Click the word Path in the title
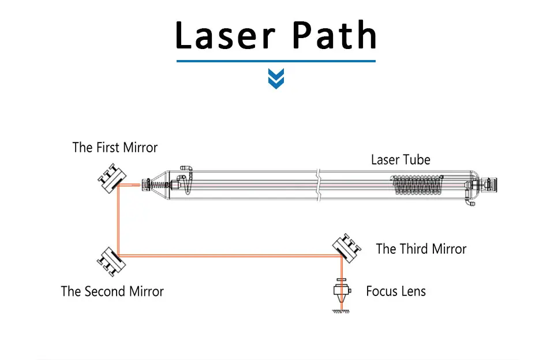click(334, 35)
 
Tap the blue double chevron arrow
click(276, 78)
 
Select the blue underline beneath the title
click(276, 60)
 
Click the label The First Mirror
click(115, 148)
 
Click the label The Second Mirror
click(113, 291)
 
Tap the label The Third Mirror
click(421, 249)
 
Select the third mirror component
click(346, 247)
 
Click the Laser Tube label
click(400, 160)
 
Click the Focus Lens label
click(396, 291)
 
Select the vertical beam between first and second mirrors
click(118, 219)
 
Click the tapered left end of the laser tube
click(159, 185)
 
